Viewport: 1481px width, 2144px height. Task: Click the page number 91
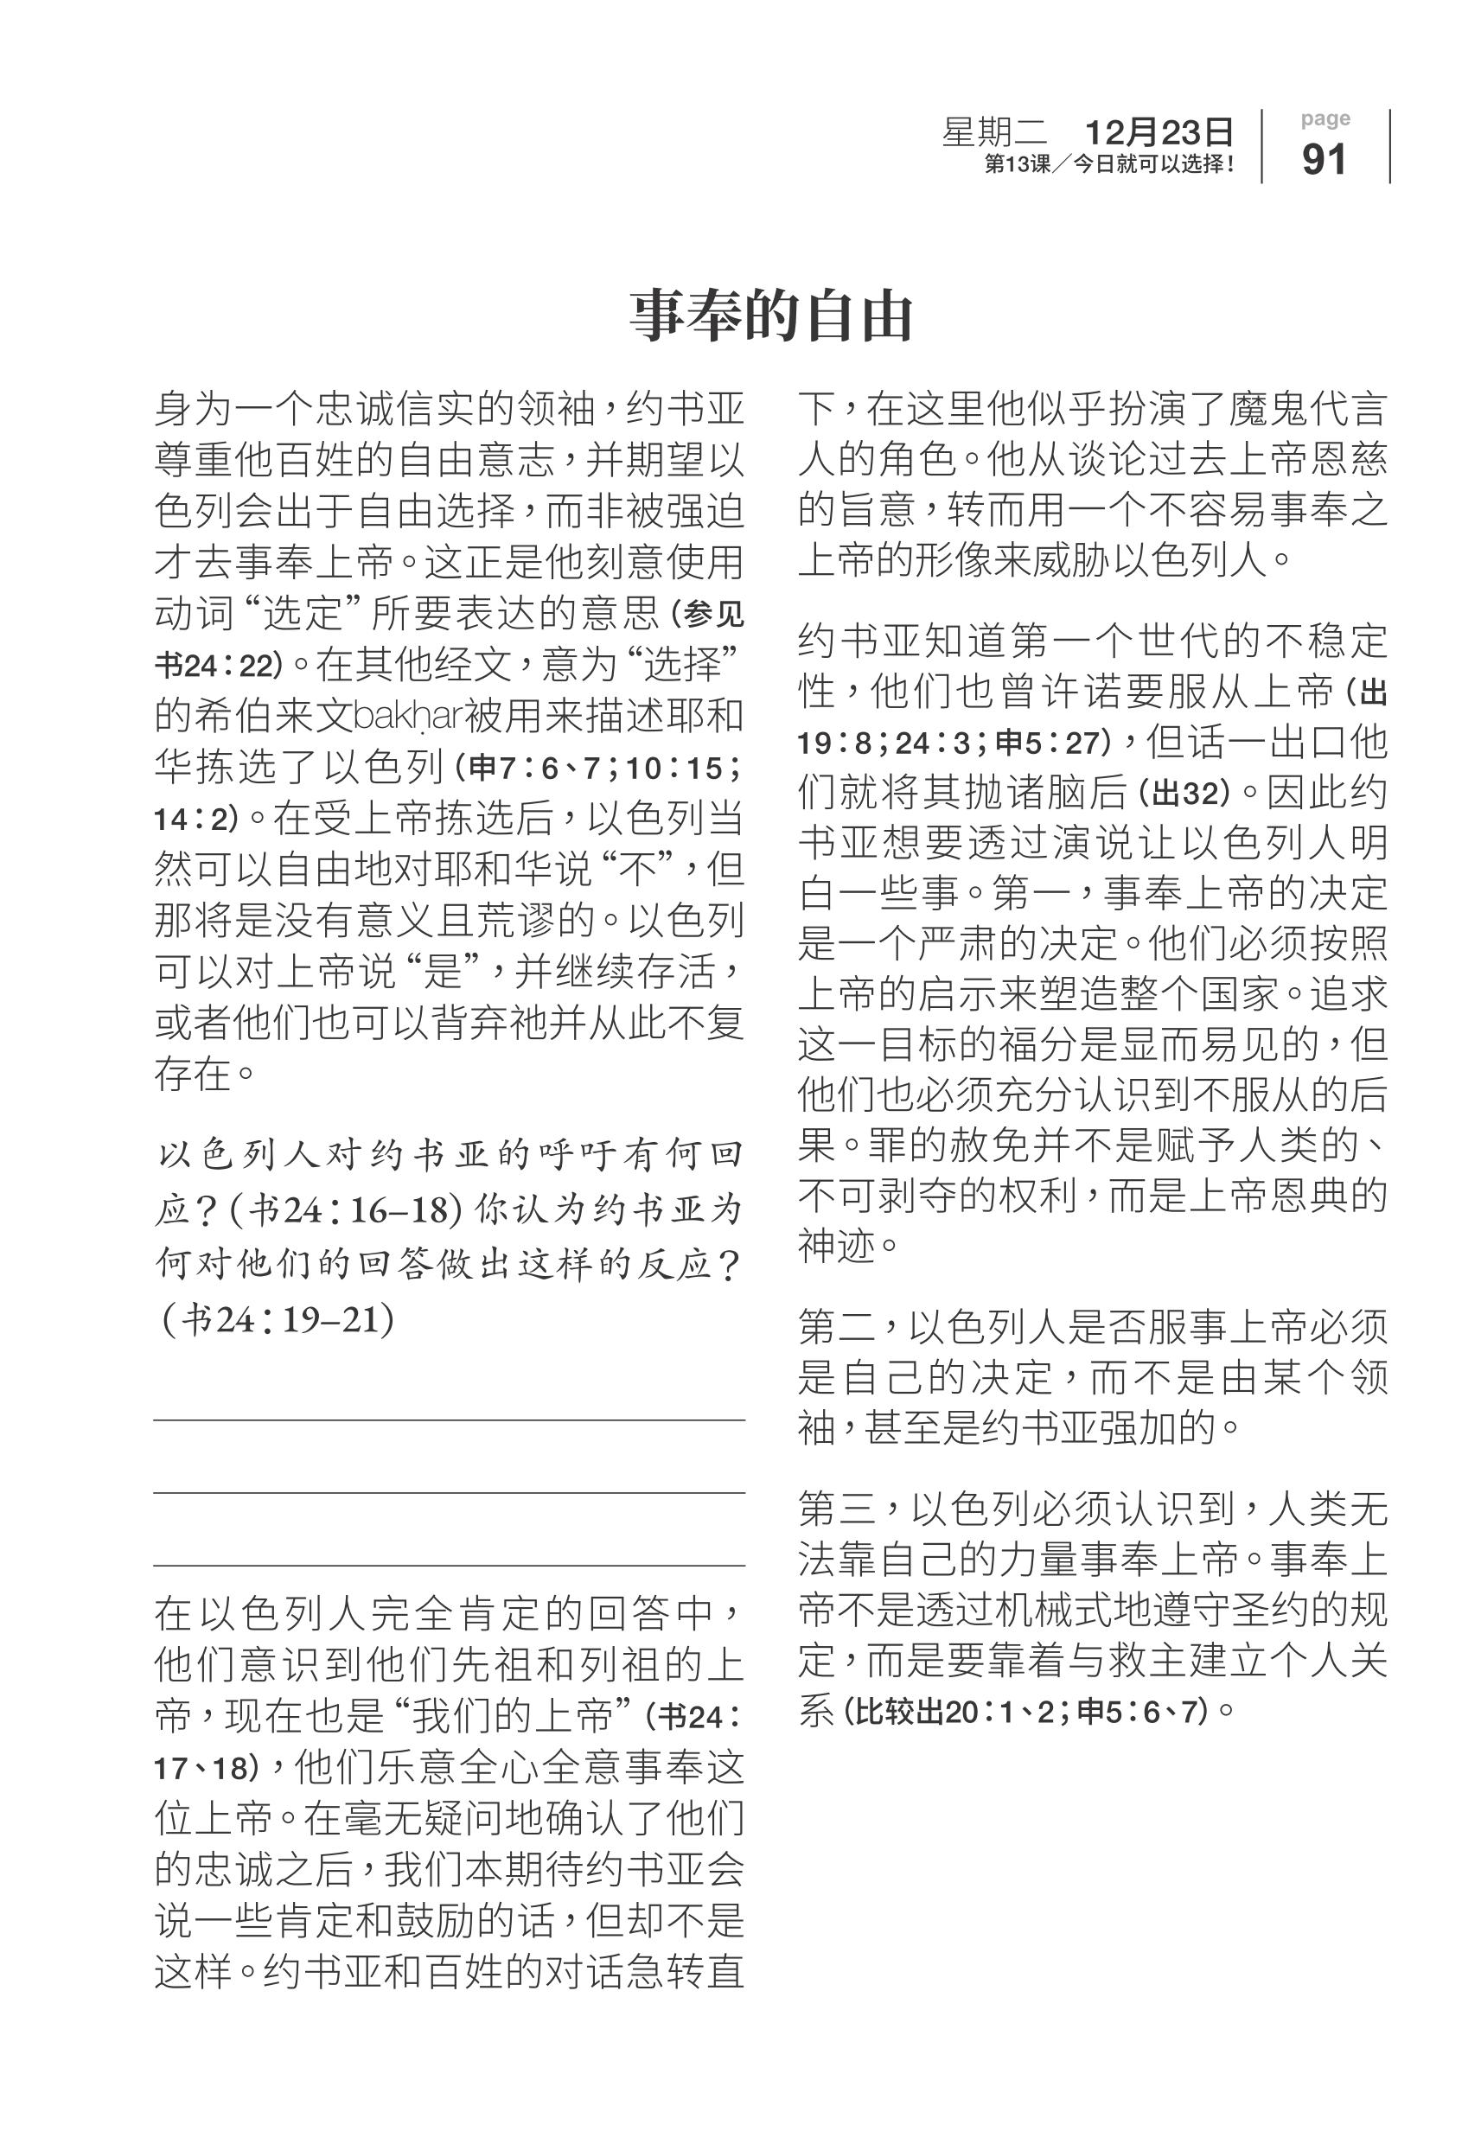(1325, 160)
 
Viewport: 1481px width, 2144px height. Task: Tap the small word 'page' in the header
(1325, 118)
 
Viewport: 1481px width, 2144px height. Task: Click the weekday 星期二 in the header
(995, 132)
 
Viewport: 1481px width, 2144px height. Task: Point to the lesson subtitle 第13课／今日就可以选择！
(1110, 165)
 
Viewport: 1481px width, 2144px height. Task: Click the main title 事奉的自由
(771, 316)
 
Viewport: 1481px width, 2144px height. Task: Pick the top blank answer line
(449, 1420)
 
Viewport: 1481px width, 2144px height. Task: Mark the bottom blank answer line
(449, 1566)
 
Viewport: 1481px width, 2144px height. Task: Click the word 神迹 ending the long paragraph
(838, 1247)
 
